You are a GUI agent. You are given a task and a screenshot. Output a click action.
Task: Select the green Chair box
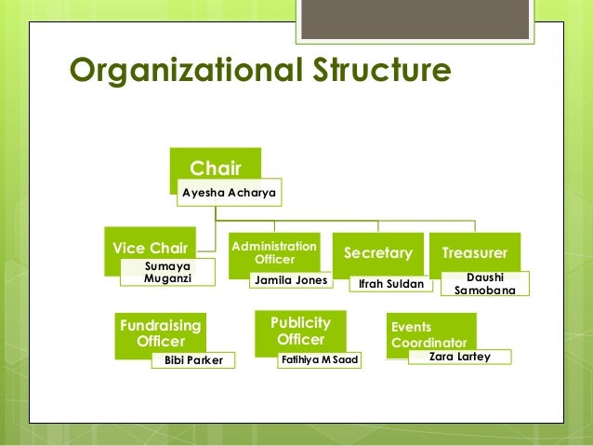pos(215,165)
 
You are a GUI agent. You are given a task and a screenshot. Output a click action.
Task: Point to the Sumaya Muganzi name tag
pos(167,272)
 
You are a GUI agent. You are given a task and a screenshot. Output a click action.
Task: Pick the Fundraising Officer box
pos(161,331)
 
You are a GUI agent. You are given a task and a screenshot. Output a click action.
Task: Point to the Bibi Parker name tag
pos(193,360)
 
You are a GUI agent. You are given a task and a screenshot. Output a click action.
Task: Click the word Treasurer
pos(474,252)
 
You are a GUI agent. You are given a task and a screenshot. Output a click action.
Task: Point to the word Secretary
pos(378,252)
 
